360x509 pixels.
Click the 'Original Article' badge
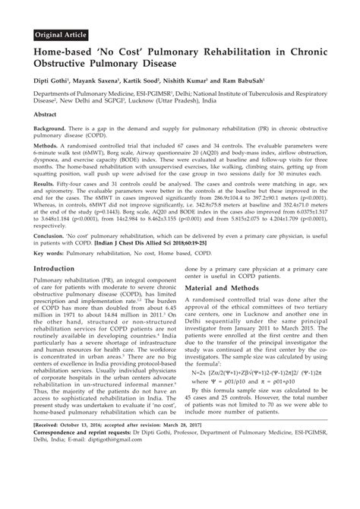pos(66,36)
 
